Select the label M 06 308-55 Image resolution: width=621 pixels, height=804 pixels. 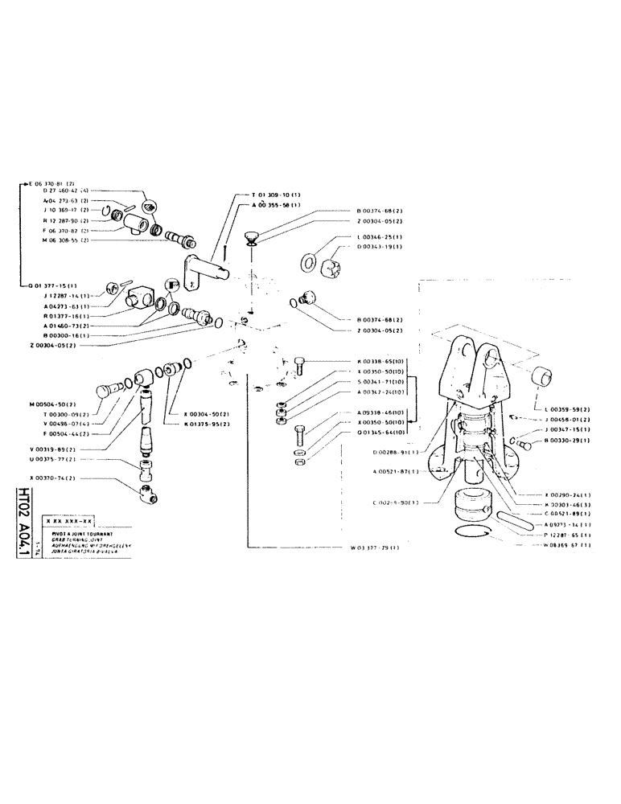pyautogui.click(x=60, y=240)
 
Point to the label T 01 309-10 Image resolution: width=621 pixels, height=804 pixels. pyautogui.click(x=272, y=195)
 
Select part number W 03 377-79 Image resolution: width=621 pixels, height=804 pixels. pyautogui.click(x=374, y=548)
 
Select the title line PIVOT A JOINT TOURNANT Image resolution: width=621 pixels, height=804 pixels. pyautogui.click(x=83, y=533)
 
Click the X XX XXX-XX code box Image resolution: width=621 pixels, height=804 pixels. pyautogui.click(x=80, y=521)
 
